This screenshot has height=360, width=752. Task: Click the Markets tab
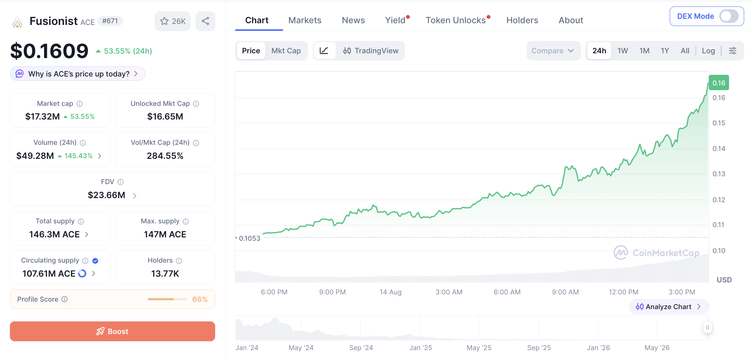305,20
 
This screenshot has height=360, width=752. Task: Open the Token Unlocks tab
456,20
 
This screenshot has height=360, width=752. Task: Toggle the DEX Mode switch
729,16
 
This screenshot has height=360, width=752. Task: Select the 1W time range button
623,51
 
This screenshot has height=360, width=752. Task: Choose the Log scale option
708,51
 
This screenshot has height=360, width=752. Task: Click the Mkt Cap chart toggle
286,51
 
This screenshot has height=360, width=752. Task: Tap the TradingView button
371,51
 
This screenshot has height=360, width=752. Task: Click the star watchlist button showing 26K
172,21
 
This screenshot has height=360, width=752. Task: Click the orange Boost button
112,331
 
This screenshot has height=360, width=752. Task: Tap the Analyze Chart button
669,307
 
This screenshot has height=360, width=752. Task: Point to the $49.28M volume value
35,156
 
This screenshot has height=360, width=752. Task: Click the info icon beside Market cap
80,103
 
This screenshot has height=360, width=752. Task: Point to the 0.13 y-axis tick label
719,174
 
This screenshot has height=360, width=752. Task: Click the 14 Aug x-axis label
390,292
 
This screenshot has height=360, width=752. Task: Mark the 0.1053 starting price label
250,238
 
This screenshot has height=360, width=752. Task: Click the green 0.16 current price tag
719,83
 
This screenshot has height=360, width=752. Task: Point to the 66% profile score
200,299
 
